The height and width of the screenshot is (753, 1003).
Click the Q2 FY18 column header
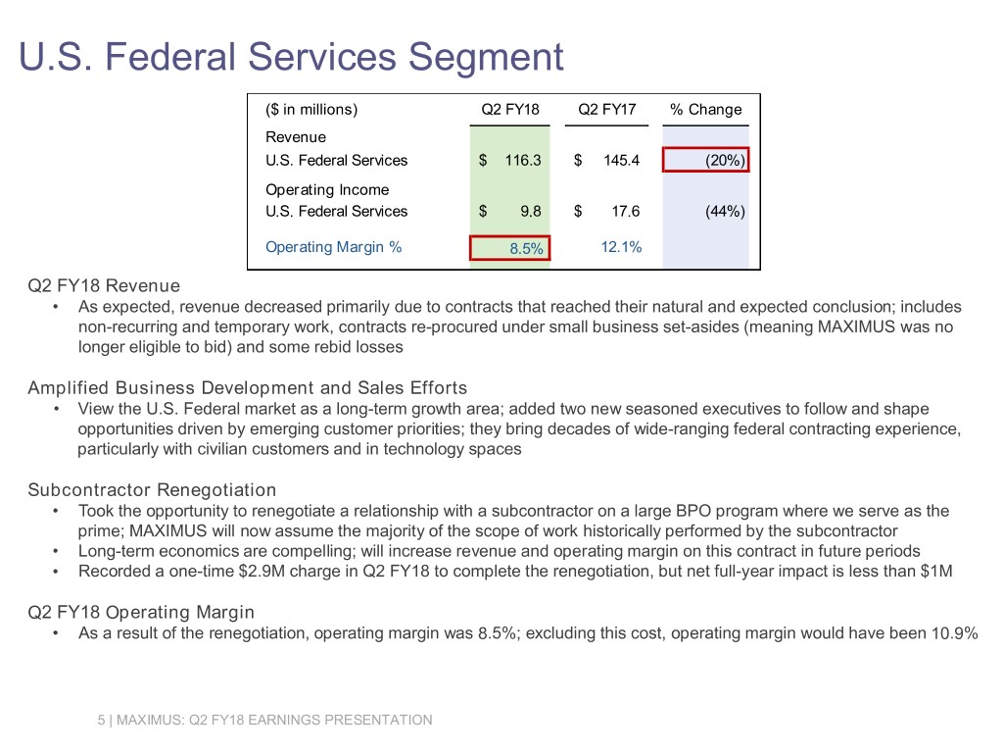pyautogui.click(x=509, y=109)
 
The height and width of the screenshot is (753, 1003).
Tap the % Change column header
pyautogui.click(x=705, y=109)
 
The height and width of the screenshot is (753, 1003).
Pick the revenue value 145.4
pyautogui.click(x=620, y=160)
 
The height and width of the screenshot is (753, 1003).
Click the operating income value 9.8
pyautogui.click(x=531, y=211)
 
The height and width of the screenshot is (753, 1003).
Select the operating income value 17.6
pyautogui.click(x=624, y=211)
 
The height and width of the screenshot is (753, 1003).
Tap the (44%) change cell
pyautogui.click(x=725, y=211)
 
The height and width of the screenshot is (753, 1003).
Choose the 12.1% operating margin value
pyautogui.click(x=621, y=247)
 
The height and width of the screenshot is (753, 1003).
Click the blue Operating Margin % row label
pyautogui.click(x=333, y=247)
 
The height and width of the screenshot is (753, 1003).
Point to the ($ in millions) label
pyautogui.click(x=311, y=109)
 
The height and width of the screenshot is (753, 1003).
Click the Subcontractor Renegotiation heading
pyautogui.click(x=152, y=489)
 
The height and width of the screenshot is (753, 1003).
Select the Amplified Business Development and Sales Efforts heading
pyautogui.click(x=247, y=387)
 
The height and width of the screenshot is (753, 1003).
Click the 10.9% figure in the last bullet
pyautogui.click(x=952, y=633)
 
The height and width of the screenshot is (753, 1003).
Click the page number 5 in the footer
pyautogui.click(x=101, y=721)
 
